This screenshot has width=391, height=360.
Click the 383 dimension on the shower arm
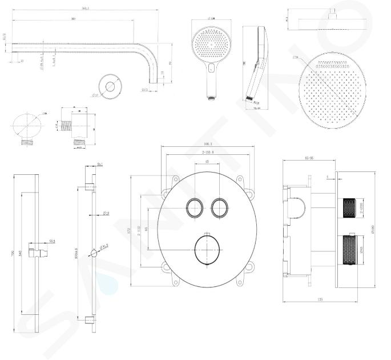click(73, 19)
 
